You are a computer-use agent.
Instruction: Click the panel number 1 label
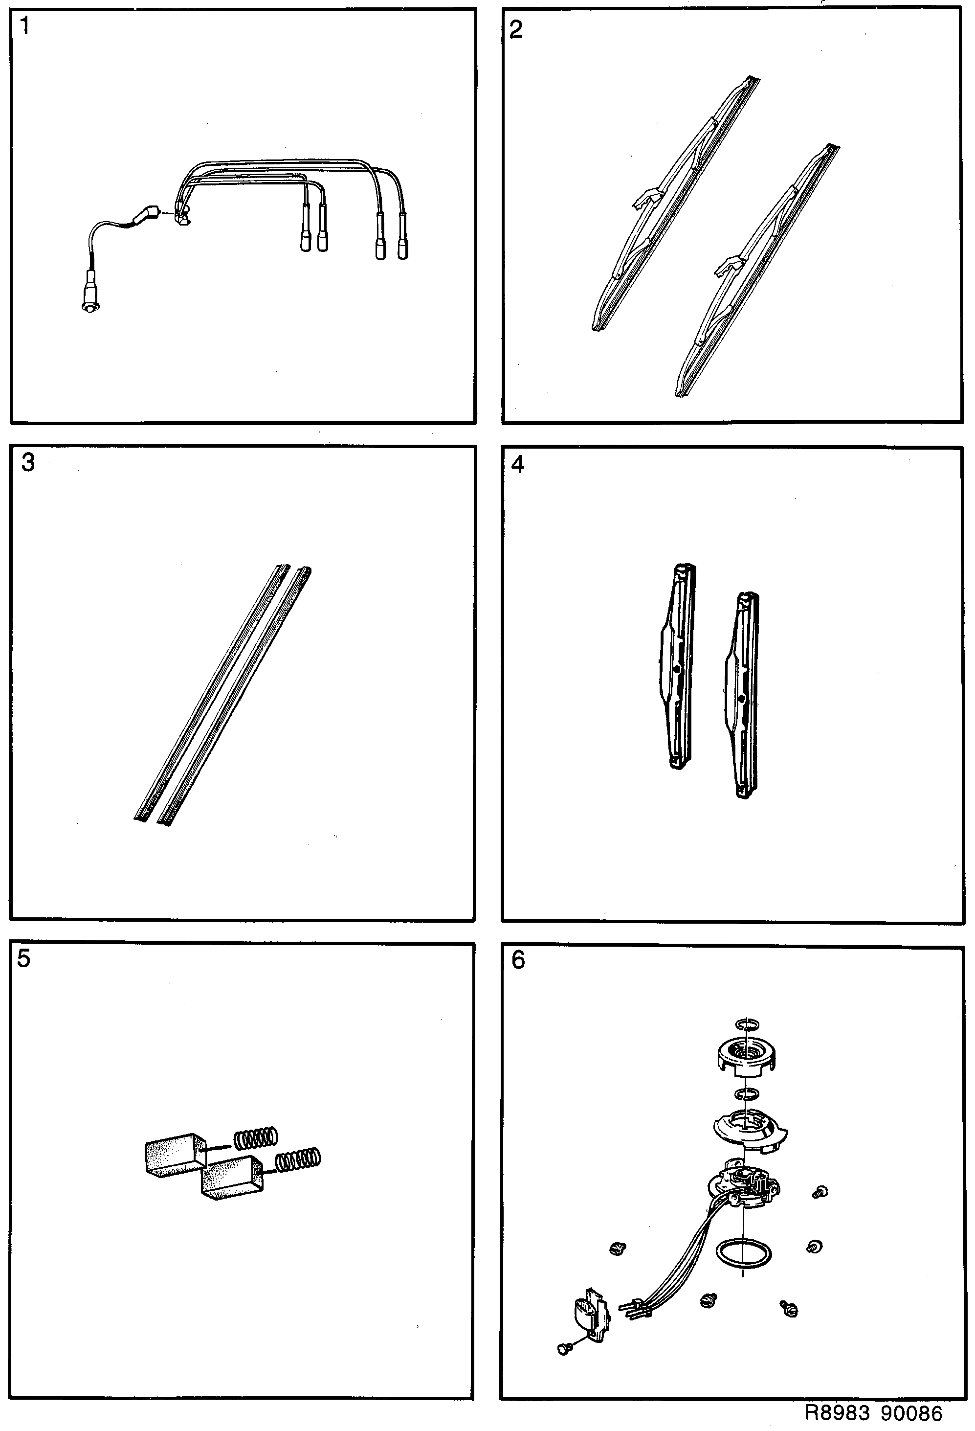[24, 26]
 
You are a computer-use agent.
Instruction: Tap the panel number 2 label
[516, 29]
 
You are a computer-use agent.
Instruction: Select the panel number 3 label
[28, 462]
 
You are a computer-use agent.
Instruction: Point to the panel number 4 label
[518, 465]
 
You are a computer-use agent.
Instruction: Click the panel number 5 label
[23, 959]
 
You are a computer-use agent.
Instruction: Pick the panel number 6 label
[518, 960]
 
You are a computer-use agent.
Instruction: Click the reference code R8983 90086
[873, 1412]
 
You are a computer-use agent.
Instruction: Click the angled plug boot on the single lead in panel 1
[145, 216]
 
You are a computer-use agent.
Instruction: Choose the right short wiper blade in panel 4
[742, 696]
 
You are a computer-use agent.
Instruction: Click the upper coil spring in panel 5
[255, 1138]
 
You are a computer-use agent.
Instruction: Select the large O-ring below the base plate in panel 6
[744, 1253]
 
